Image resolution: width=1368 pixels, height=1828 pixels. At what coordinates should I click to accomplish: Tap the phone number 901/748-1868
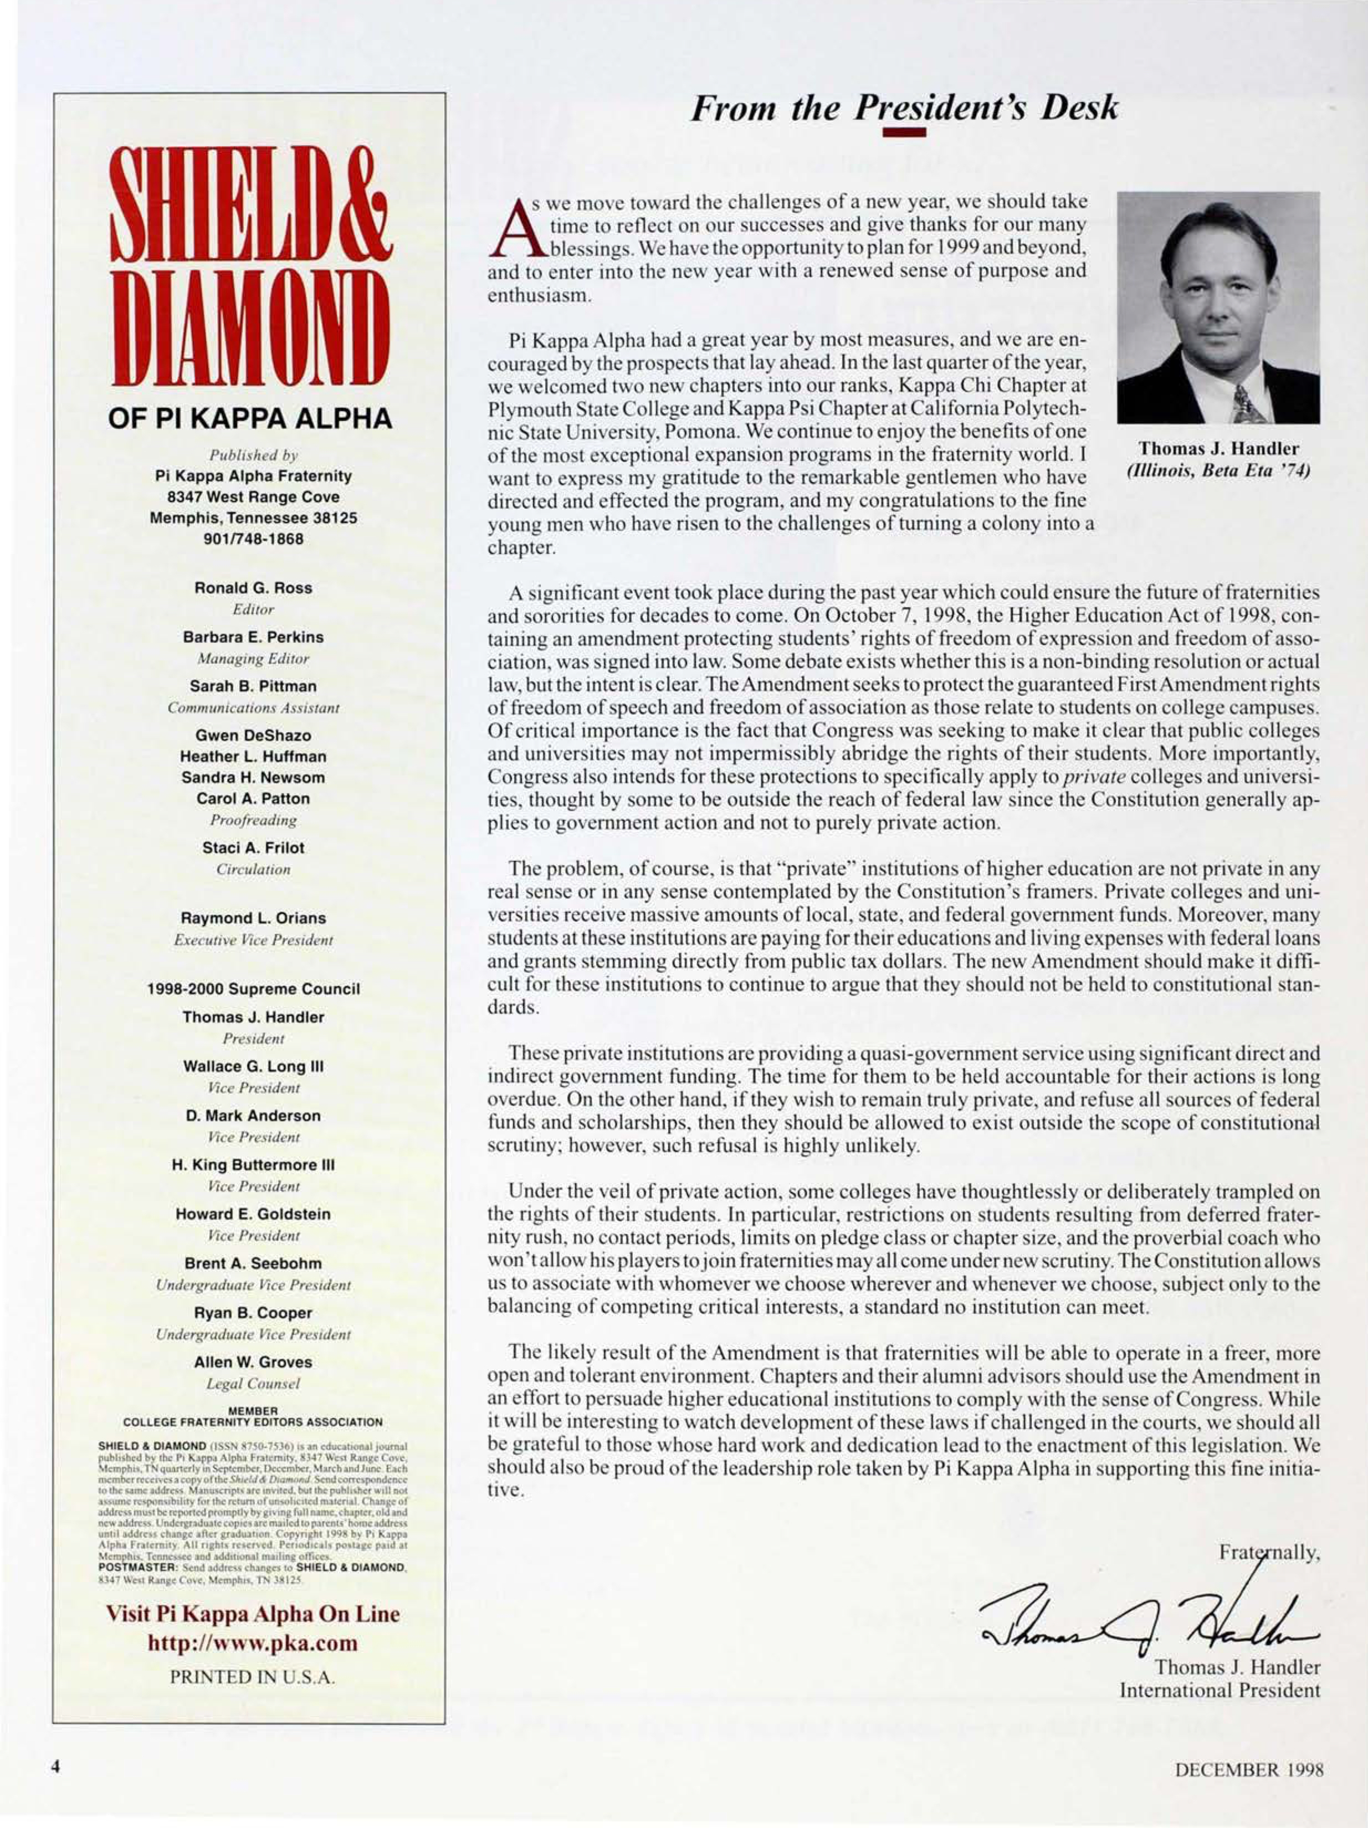pyautogui.click(x=253, y=539)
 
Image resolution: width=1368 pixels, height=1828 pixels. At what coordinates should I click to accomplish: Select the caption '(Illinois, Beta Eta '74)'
pyautogui.click(x=1218, y=471)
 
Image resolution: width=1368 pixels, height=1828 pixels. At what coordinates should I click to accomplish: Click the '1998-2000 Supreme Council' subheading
pyautogui.click(x=253, y=989)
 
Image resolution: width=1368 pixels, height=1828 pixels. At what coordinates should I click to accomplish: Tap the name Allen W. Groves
pyautogui.click(x=253, y=1362)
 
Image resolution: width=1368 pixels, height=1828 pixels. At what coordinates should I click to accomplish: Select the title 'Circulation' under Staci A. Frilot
pyautogui.click(x=253, y=869)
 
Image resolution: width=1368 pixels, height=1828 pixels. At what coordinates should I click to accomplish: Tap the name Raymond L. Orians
pyautogui.click(x=253, y=918)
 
